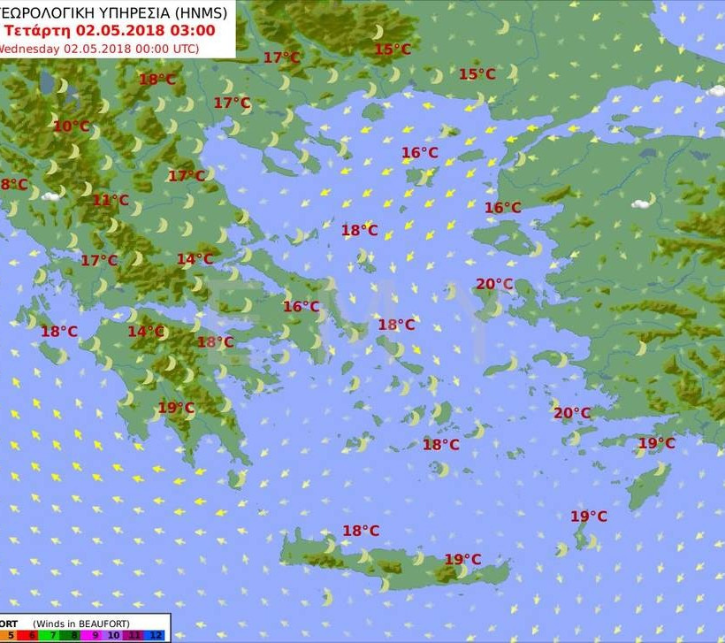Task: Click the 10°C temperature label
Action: [71, 126]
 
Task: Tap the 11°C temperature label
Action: [111, 201]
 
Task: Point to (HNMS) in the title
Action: [198, 12]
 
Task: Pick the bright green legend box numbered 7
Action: [52, 635]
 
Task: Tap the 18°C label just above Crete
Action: [361, 531]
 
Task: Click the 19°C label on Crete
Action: [462, 559]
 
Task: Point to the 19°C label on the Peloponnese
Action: [176, 408]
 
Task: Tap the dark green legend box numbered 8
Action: [74, 635]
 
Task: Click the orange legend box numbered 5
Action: [10, 635]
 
